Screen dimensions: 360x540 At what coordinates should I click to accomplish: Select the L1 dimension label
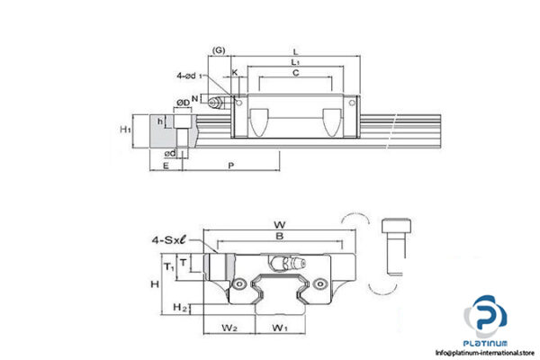click(x=295, y=62)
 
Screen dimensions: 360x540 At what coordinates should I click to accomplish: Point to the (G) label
click(x=219, y=49)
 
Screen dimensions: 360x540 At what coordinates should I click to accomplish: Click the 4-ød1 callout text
click(x=191, y=76)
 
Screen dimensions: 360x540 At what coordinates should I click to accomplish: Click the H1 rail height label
click(x=126, y=130)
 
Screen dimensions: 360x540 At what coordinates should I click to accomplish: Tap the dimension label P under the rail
click(x=231, y=166)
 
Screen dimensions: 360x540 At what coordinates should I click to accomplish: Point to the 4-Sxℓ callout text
click(x=168, y=240)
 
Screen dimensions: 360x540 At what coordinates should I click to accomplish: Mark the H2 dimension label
click(x=179, y=308)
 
